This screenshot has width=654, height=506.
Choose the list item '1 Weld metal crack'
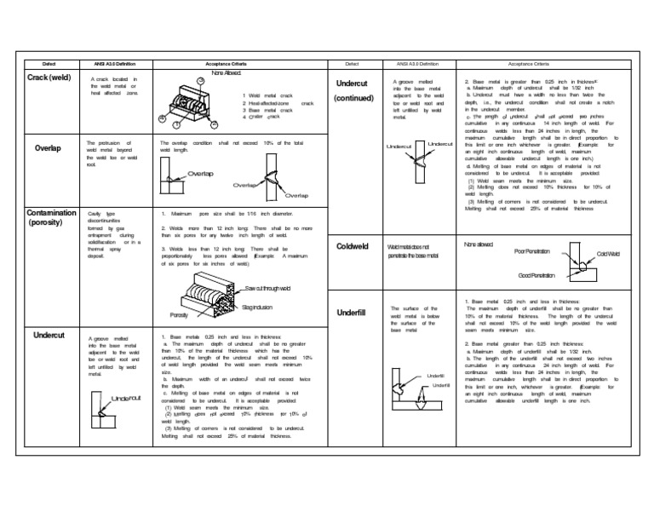click(268, 96)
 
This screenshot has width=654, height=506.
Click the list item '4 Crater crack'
click(263, 118)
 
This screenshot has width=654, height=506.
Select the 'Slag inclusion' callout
click(259, 306)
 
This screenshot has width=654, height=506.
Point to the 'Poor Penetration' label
click(533, 251)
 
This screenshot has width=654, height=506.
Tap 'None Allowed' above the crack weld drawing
click(204, 73)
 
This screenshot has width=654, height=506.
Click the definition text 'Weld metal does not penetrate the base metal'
click(412, 250)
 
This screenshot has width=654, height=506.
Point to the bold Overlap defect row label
click(47, 147)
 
